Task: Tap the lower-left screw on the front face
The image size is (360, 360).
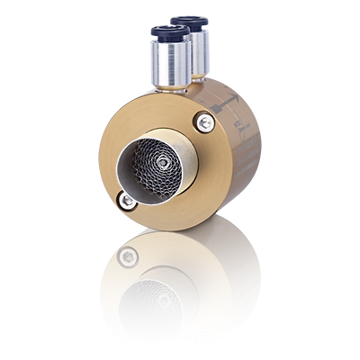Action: [x=129, y=201]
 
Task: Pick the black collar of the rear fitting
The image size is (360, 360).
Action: [x=190, y=22]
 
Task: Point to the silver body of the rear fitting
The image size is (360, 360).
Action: [x=200, y=49]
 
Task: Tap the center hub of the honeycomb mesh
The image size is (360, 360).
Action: [x=163, y=164]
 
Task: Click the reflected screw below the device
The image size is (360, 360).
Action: [x=129, y=257]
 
